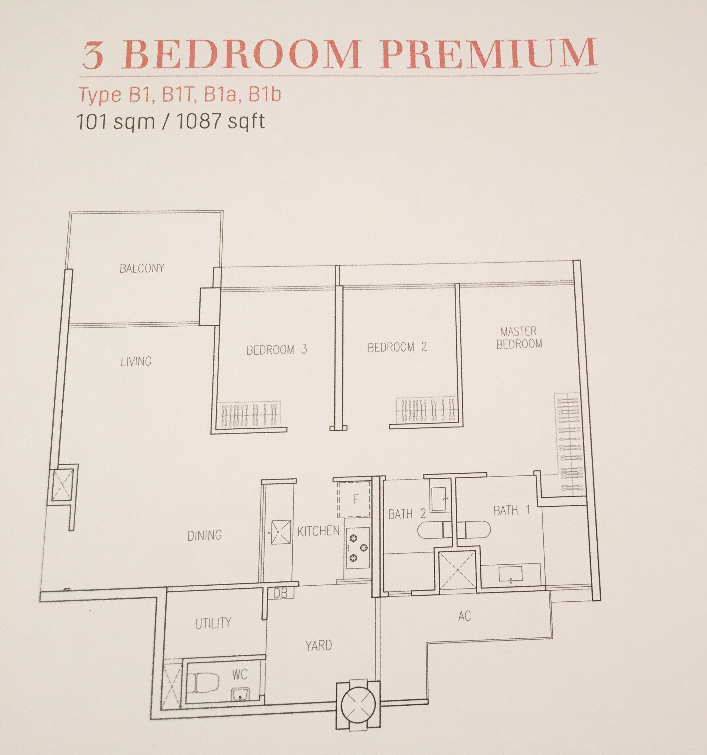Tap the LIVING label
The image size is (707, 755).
click(136, 361)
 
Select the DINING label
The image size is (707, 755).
click(205, 535)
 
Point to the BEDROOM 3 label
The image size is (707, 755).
click(277, 349)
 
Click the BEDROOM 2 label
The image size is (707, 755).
click(397, 347)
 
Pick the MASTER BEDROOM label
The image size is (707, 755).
click(519, 338)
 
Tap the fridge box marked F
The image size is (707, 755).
click(353, 499)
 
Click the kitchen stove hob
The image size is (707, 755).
click(357, 547)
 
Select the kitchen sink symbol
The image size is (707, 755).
click(281, 532)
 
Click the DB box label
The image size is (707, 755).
click(281, 593)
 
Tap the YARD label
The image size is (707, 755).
click(319, 645)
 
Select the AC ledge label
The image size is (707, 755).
click(464, 616)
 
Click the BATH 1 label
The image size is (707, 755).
click(512, 510)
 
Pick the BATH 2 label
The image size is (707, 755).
click(407, 514)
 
